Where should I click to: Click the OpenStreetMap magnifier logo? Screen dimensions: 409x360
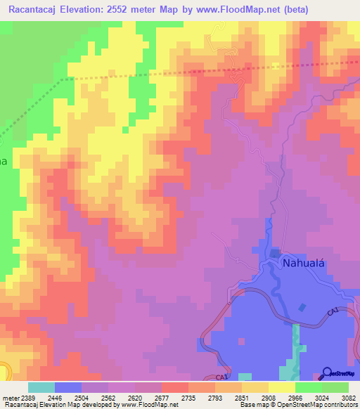[x=327, y=372]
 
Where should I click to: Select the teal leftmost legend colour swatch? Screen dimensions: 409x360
[x=41, y=387]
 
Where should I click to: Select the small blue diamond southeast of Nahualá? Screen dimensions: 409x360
[x=302, y=307]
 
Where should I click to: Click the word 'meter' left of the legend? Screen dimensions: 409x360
[x=8, y=398]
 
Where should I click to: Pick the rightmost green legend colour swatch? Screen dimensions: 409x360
[x=335, y=387]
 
